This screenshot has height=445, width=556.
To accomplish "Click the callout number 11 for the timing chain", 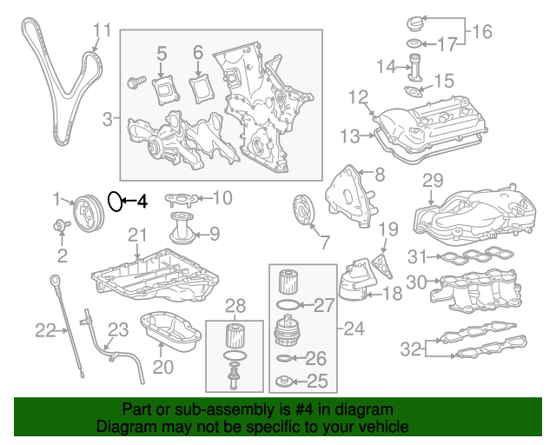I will tap(102, 31).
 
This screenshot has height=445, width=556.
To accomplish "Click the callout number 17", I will tap(446, 43).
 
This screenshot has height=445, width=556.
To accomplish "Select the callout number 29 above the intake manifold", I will tap(433, 181).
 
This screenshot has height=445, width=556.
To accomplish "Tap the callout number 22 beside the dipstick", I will tap(45, 329).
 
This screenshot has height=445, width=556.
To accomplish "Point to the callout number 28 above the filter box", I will tap(236, 305).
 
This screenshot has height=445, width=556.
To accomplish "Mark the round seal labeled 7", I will tap(301, 213).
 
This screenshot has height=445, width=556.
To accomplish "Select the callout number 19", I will tap(388, 229).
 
